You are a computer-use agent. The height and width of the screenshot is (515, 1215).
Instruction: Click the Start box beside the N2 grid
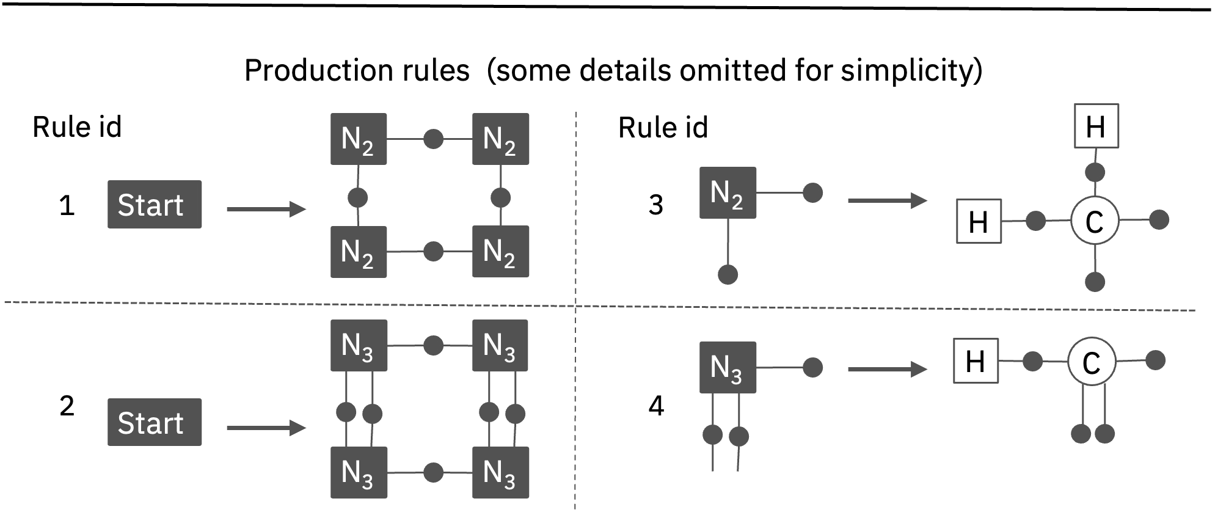point(155,205)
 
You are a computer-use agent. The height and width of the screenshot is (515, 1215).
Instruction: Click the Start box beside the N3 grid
point(155,422)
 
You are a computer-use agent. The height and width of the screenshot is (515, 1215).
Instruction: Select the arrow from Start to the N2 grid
point(266,210)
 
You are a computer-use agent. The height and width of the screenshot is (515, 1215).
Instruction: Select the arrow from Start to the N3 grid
point(266,428)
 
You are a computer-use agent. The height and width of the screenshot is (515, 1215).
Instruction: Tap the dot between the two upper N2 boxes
point(433,139)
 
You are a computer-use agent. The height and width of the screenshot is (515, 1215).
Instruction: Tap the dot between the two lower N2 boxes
point(433,252)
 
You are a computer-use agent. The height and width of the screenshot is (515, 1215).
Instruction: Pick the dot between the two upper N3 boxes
point(433,345)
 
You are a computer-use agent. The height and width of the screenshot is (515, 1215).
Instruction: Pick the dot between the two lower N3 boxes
point(433,472)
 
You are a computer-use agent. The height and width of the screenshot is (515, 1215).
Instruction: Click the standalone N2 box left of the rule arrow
point(728,192)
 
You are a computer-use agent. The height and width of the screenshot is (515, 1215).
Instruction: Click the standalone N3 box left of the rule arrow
point(728,367)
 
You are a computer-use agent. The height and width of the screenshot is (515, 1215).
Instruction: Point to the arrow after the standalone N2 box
point(888,200)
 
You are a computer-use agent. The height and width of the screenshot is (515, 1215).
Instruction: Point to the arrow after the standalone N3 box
point(888,369)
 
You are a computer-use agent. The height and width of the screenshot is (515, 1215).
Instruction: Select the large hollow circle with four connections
point(1095,221)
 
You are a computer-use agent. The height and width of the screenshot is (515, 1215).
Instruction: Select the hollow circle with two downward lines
point(1092,361)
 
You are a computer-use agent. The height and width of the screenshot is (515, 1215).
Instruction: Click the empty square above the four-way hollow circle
point(1096,126)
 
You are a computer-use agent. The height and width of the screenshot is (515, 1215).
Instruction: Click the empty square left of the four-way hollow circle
point(979,221)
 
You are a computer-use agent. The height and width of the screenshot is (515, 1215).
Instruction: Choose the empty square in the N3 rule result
point(976,361)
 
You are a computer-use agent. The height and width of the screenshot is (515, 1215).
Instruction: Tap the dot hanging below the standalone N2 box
point(728,274)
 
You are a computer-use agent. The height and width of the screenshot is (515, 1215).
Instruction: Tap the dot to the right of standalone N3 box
point(812,367)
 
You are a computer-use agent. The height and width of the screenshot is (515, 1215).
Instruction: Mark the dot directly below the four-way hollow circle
point(1095,282)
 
